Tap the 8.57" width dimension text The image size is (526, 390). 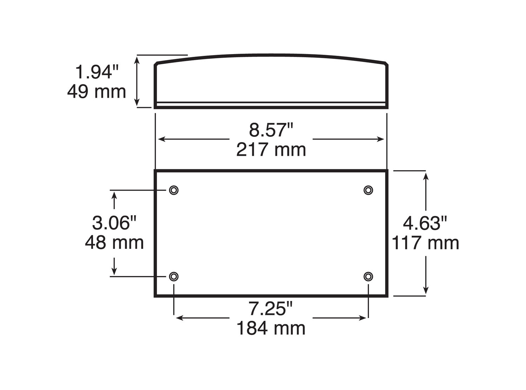271,130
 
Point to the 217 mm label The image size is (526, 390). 271,150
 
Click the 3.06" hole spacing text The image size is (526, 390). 114,223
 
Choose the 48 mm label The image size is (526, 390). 114,242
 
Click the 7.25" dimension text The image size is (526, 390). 270,309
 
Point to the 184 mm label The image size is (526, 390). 271,328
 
